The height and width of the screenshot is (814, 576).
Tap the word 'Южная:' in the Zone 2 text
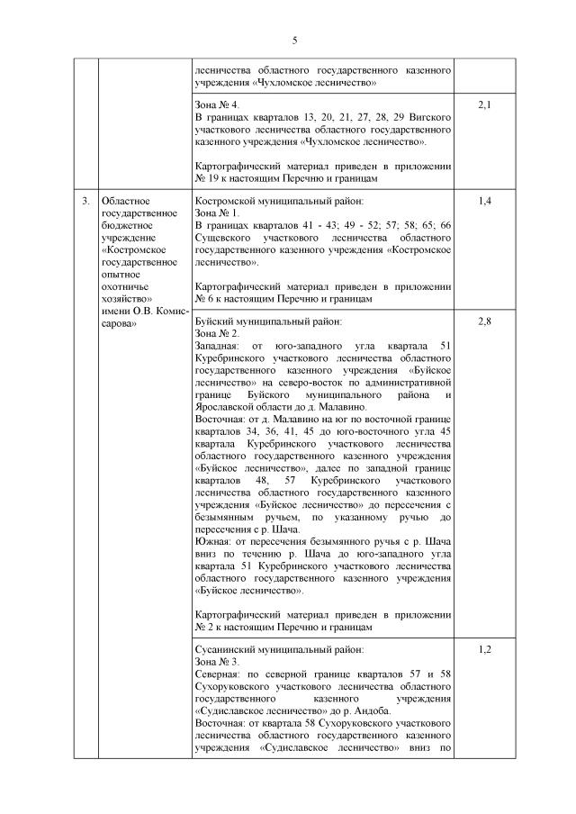tap(213, 542)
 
